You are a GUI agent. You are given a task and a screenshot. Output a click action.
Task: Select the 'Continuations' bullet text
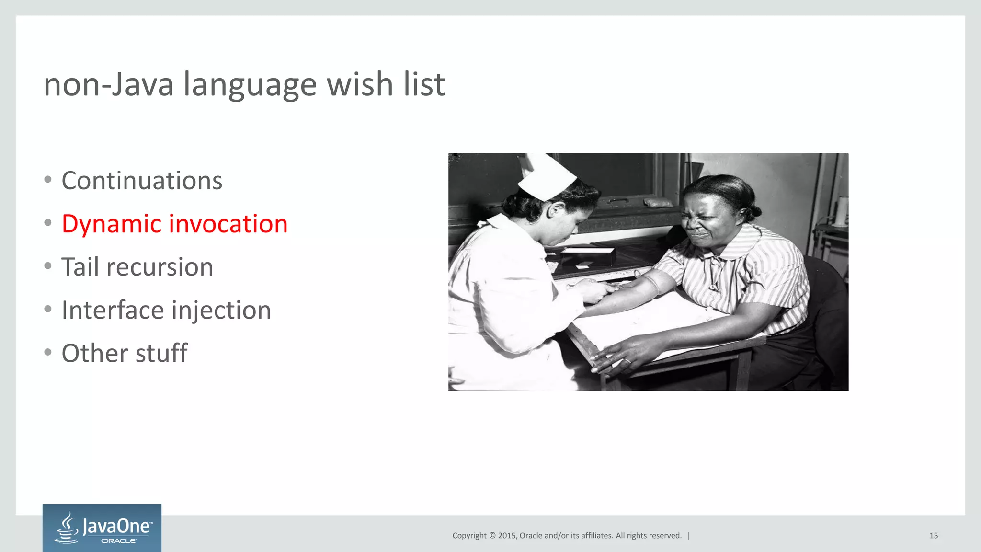coord(142,181)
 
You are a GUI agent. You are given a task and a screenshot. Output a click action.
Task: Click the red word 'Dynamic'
coord(111,224)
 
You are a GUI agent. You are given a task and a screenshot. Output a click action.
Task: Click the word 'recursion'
coord(160,267)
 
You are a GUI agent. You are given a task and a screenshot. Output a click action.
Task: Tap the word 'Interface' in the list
coord(113,310)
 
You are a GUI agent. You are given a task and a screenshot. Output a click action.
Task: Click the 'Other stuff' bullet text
coord(125,353)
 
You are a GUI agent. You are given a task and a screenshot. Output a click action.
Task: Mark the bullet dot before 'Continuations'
coord(47,180)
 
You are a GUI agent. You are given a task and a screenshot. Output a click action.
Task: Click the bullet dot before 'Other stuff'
coord(47,352)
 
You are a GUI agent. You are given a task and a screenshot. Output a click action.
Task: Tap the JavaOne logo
coord(102,528)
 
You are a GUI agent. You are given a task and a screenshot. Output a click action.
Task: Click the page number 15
coord(934,536)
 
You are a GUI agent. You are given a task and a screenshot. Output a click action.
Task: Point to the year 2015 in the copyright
coord(507,536)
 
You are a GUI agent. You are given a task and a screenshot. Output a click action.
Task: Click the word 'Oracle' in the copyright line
coord(531,536)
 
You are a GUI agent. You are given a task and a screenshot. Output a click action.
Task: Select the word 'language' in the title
coord(250,84)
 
